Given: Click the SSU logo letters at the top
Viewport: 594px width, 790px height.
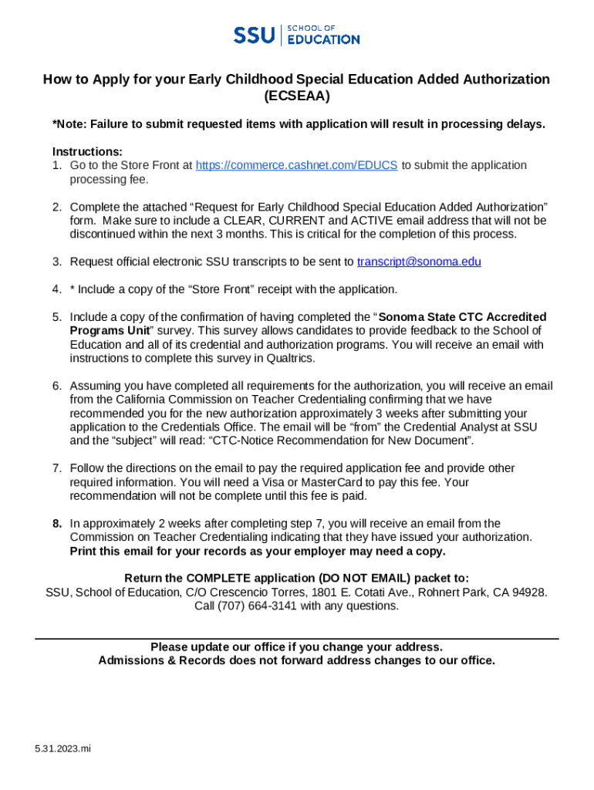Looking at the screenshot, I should coord(254,35).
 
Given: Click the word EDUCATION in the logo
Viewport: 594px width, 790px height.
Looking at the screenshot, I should coord(323,39).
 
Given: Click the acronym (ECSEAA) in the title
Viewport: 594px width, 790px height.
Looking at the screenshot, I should coord(296,96).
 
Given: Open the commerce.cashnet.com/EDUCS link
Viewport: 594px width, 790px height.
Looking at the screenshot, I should coord(297,165).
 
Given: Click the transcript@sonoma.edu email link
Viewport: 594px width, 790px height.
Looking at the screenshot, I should coord(419,262).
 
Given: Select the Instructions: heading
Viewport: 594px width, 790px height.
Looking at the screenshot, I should coord(87,151).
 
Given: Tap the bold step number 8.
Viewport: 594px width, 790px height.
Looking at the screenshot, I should coord(57,523).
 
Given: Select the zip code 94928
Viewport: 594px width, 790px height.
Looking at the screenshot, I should coord(531,592).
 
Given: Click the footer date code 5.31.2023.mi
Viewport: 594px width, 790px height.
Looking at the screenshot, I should coord(62,748).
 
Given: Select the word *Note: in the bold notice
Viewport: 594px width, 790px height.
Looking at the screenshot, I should coord(69,124).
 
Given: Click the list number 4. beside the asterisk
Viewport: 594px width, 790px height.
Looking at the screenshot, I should coord(57,289).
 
